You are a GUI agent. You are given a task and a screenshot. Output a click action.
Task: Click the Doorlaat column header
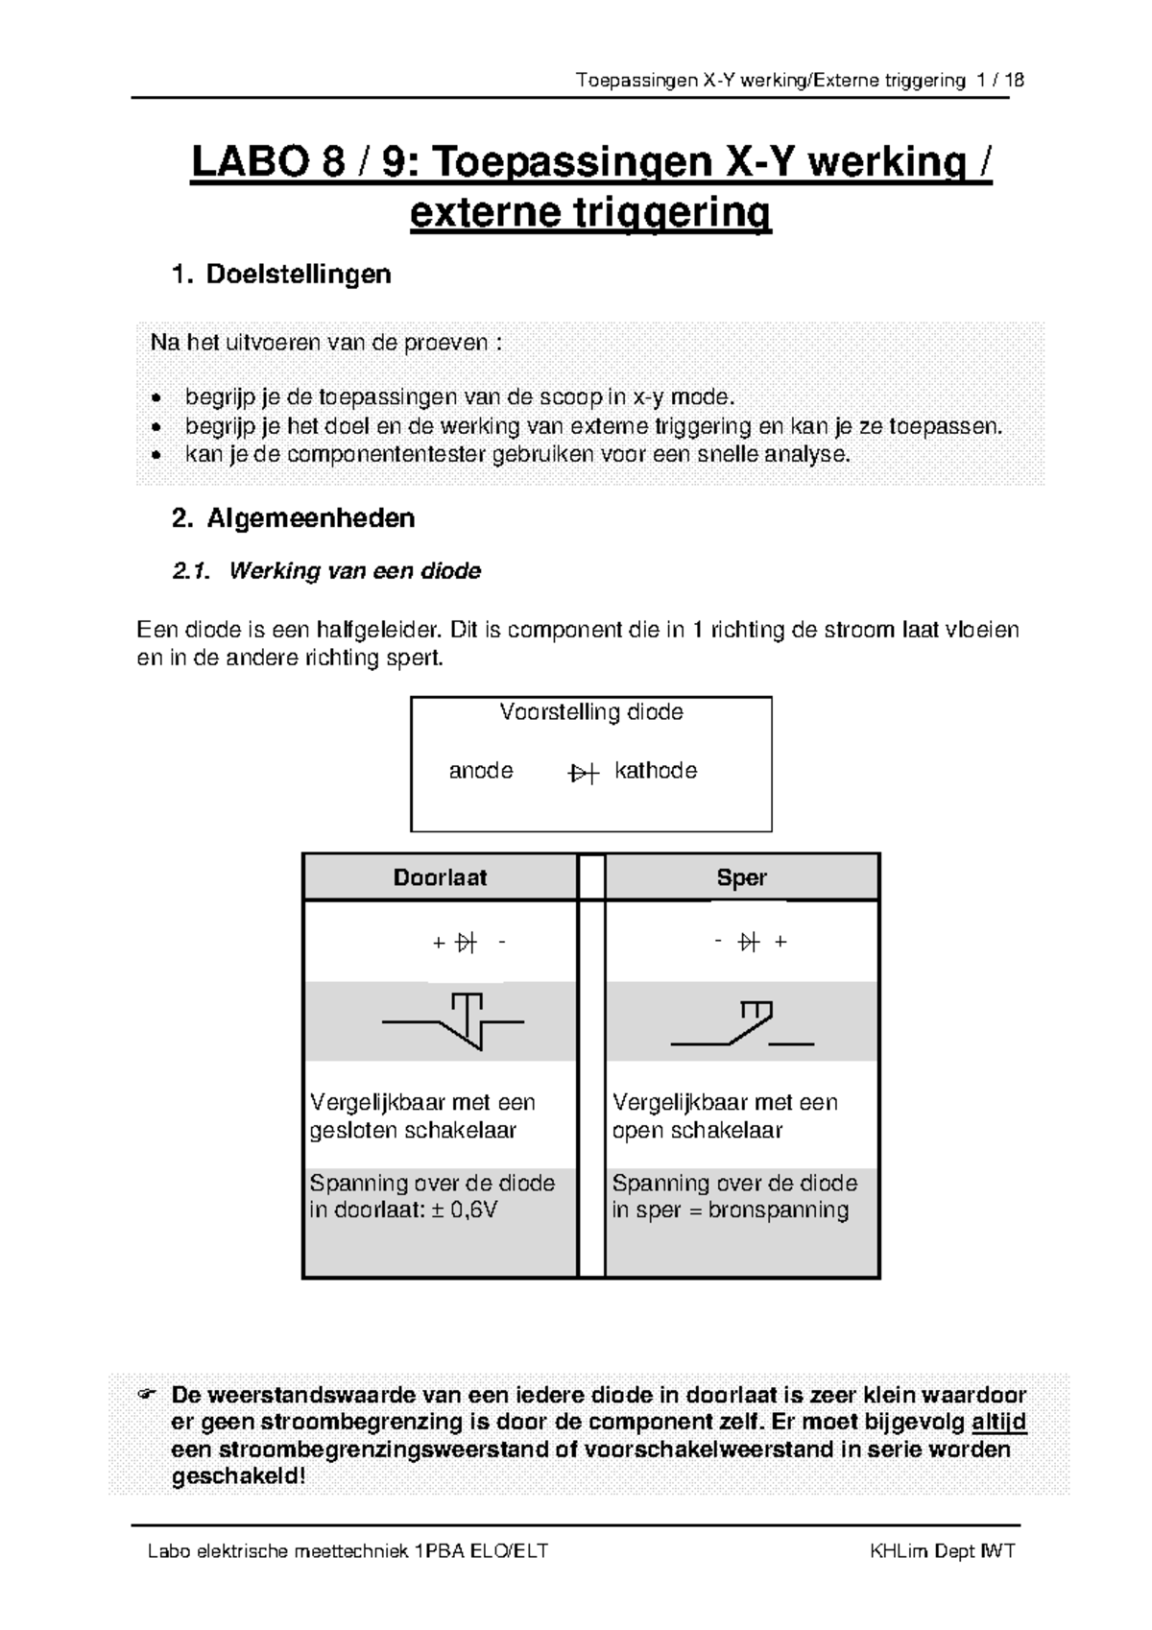[x=440, y=877]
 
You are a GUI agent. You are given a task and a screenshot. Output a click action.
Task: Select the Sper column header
[x=741, y=877]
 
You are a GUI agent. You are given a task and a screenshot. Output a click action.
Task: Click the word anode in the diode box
[x=481, y=771]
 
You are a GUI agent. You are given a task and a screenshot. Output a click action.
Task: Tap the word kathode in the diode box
[x=656, y=771]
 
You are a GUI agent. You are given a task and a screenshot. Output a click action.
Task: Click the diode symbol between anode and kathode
[x=583, y=773]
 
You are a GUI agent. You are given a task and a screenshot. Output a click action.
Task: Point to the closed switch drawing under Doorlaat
[x=454, y=1020]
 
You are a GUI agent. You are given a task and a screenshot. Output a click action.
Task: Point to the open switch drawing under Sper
[x=742, y=1024]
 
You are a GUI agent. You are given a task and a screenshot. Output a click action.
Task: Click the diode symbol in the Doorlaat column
[x=467, y=943]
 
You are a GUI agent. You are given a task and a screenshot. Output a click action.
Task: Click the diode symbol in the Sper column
[x=749, y=943]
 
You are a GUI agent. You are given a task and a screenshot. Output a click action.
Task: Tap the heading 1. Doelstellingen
[x=281, y=275]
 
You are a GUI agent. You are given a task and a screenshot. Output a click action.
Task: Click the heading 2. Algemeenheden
[x=293, y=518]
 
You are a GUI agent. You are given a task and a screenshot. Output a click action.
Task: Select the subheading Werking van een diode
[x=354, y=571]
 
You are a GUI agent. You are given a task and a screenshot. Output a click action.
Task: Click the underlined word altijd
[x=998, y=1422]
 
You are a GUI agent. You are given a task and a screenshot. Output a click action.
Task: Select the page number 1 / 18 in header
[x=999, y=81]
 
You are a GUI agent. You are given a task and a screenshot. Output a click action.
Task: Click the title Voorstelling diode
[x=590, y=712]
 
